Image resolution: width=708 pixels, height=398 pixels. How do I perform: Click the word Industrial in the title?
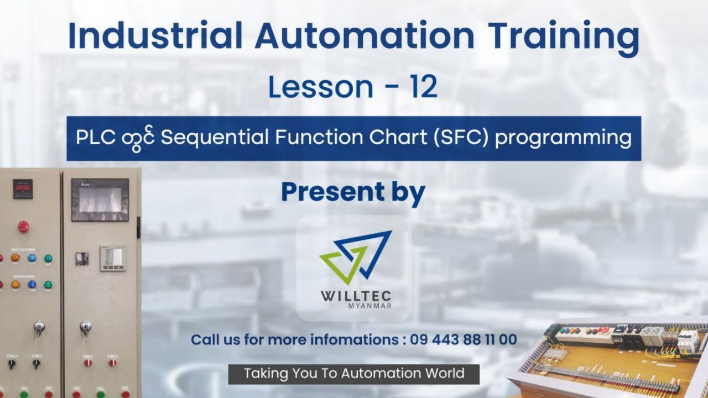[x=155, y=36]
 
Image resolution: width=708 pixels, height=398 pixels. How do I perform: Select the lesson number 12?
[x=424, y=87]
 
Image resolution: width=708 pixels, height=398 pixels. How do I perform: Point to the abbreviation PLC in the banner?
[x=91, y=138]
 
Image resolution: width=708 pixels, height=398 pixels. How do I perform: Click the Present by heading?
[x=353, y=191]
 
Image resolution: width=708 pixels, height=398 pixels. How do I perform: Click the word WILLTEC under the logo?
[x=356, y=296]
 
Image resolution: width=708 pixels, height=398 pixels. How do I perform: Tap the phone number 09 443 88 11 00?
[x=464, y=339]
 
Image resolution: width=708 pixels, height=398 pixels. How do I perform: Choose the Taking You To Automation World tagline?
[x=354, y=374]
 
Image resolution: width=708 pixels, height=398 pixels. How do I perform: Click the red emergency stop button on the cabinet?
[x=23, y=226]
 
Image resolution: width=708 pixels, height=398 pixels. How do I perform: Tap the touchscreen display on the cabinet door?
[x=100, y=199]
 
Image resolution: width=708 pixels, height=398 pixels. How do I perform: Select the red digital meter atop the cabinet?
[x=23, y=188]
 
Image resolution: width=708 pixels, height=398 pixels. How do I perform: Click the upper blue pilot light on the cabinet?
[x=32, y=258]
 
